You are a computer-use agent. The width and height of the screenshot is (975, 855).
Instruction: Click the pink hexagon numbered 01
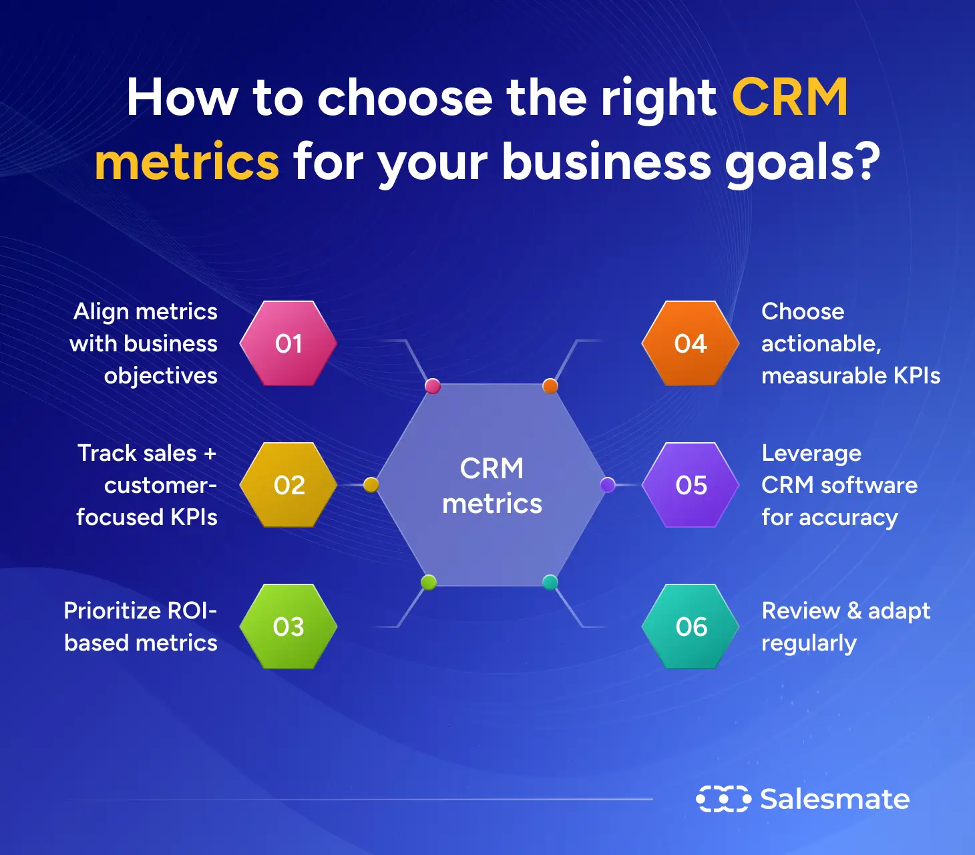point(288,343)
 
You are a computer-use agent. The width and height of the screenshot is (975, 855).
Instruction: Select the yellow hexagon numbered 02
point(288,485)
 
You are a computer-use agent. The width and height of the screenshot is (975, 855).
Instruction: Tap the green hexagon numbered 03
point(288,627)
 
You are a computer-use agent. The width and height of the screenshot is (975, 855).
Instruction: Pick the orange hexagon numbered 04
point(691,343)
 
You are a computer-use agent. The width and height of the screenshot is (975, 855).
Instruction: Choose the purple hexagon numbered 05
point(691,485)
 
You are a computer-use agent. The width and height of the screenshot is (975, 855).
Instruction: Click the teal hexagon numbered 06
point(691,627)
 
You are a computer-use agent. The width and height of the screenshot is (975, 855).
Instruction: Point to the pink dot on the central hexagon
point(433,385)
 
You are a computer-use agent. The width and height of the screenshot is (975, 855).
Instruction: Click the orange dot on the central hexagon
point(550,385)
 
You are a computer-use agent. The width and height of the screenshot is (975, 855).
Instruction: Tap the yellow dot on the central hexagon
point(371,485)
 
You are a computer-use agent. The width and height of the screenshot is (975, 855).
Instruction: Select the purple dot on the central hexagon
point(608,485)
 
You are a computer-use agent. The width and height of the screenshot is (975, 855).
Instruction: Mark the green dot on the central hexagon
point(429,582)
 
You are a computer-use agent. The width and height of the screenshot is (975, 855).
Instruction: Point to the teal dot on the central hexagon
point(550,582)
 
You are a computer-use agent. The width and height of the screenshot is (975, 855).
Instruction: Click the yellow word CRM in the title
point(789,98)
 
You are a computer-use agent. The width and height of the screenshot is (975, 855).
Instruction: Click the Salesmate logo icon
point(723,799)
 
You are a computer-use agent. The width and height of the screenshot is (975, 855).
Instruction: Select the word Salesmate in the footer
point(835,799)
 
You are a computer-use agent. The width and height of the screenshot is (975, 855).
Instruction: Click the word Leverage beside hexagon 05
point(811,454)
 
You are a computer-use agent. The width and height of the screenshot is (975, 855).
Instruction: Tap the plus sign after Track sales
point(210,454)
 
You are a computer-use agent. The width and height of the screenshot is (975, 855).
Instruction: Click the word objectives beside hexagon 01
point(160,376)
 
